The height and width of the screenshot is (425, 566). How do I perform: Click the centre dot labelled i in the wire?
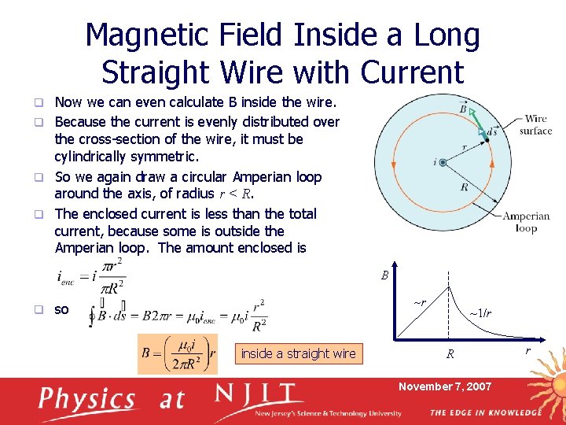tap(443, 162)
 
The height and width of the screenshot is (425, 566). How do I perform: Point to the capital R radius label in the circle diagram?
tap(465, 187)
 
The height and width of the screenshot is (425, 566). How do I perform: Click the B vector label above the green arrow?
tap(463, 106)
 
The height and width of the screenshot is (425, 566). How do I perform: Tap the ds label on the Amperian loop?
tap(491, 131)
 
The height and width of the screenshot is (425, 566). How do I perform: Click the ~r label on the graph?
tap(420, 302)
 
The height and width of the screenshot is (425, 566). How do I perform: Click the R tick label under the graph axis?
tap(450, 354)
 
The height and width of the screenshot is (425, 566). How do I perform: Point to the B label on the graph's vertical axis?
tap(384, 275)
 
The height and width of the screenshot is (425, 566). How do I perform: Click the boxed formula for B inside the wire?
tap(178, 353)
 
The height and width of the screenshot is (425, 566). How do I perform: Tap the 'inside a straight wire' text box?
tap(298, 354)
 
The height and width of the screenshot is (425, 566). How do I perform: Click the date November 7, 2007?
tap(444, 386)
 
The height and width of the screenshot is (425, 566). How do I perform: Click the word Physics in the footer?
tap(87, 399)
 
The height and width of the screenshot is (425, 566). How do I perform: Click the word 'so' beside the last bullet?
tap(61, 309)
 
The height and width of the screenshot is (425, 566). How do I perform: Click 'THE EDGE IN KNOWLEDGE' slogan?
tap(485, 412)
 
